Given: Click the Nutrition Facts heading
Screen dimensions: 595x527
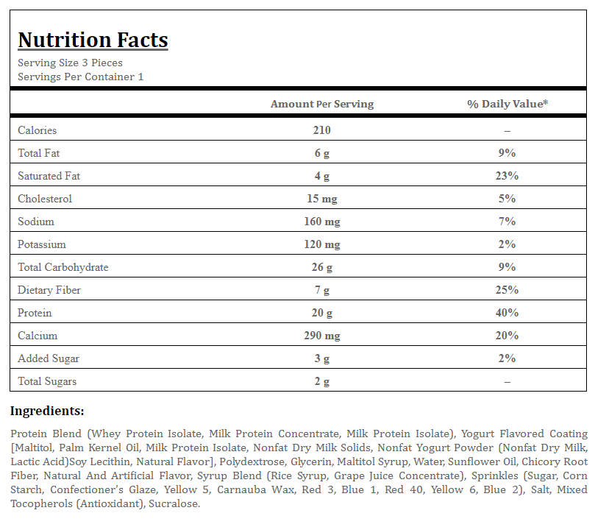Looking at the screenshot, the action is (x=93, y=40).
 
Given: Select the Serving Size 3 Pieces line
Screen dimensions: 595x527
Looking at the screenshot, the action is (x=70, y=63).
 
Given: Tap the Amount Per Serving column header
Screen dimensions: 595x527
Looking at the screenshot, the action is (x=322, y=104).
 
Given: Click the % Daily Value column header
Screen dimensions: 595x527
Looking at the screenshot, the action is (x=507, y=104).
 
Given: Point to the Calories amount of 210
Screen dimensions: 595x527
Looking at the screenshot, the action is (x=322, y=130).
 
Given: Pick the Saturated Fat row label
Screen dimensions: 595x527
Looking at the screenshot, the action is (x=49, y=176).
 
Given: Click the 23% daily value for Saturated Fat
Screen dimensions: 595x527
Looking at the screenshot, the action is (x=507, y=176).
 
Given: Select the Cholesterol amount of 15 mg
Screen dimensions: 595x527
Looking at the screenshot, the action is (x=322, y=199).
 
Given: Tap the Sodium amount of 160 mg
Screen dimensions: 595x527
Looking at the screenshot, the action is (x=322, y=222).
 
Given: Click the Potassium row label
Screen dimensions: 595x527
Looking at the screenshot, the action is (x=42, y=244).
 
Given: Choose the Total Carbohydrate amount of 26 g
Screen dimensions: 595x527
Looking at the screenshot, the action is (x=322, y=267).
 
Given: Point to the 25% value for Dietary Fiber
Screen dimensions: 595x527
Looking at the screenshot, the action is (x=507, y=290).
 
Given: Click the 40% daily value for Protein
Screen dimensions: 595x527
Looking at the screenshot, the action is (x=507, y=313).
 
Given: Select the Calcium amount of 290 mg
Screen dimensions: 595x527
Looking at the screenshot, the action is (x=322, y=336).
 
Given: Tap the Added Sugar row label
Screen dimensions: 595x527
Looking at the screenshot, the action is (x=49, y=358).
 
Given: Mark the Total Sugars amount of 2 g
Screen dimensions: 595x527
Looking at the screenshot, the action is (x=322, y=381).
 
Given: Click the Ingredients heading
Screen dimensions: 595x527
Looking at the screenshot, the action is (x=47, y=411).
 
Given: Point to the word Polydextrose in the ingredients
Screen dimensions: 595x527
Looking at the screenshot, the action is (x=252, y=461).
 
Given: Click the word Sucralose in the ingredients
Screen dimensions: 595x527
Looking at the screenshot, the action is (x=174, y=504).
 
